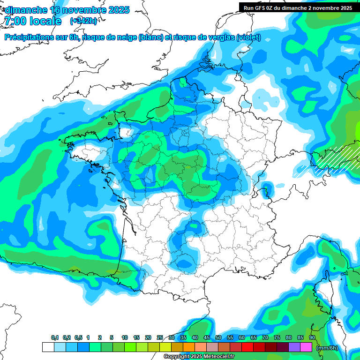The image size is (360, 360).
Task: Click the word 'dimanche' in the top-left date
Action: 25,10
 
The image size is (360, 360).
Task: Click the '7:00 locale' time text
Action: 32,21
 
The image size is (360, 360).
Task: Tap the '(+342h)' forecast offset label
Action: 84,21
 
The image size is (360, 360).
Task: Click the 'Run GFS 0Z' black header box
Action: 298,7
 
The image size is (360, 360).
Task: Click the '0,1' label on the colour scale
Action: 55,338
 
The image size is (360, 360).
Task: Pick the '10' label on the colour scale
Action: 125,338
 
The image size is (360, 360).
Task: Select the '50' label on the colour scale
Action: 218,338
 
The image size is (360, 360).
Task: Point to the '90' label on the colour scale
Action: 312,338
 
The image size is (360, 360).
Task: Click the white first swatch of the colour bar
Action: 48,347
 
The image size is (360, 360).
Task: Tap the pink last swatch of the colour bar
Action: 306,347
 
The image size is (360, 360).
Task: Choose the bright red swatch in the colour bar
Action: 247,347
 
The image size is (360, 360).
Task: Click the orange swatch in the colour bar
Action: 189,347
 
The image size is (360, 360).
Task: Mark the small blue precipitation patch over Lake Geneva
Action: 266,188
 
